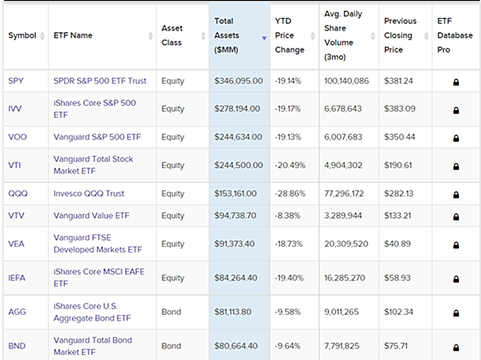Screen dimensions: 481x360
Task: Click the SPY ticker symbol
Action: coord(16,81)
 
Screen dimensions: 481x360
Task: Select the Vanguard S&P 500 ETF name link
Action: coord(97,137)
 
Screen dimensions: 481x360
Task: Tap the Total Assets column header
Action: coord(227,35)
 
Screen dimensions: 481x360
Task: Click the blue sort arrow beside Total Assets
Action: coord(264,39)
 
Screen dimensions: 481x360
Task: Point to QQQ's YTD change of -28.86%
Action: coord(291,194)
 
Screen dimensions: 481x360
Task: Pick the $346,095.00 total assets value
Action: coord(239,81)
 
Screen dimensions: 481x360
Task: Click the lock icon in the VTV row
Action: coord(456,216)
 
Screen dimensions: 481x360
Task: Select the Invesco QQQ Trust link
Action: coord(89,194)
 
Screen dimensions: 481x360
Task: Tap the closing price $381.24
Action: coord(398,81)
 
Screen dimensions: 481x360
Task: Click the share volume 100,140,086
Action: coord(346,81)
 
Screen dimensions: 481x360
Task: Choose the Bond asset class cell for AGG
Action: coord(172,312)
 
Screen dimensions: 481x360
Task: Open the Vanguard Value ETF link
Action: coord(91,216)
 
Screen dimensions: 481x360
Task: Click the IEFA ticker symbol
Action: coord(17,278)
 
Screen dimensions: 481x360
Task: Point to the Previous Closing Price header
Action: coord(401,35)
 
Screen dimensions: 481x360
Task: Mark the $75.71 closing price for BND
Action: coord(396,346)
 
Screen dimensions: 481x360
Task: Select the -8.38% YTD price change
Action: coord(287,216)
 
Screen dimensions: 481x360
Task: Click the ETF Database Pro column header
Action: coord(455,35)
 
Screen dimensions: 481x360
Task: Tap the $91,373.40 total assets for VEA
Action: coord(235,244)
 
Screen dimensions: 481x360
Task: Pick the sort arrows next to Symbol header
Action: coord(43,36)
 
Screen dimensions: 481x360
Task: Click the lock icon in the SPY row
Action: coord(456,82)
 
